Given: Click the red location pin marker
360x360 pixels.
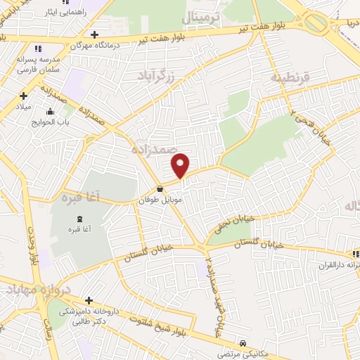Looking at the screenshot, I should (x=181, y=165).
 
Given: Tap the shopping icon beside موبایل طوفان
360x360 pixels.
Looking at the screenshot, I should (x=160, y=188).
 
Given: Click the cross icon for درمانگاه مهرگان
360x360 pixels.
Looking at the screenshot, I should (x=94, y=34).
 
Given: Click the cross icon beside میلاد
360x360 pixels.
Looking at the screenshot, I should (x=23, y=96).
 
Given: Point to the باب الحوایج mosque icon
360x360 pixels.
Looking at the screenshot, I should (x=50, y=111).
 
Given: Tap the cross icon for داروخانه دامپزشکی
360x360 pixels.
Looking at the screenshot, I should (x=88, y=300).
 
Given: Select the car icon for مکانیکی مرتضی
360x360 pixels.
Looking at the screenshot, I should (x=243, y=343).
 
